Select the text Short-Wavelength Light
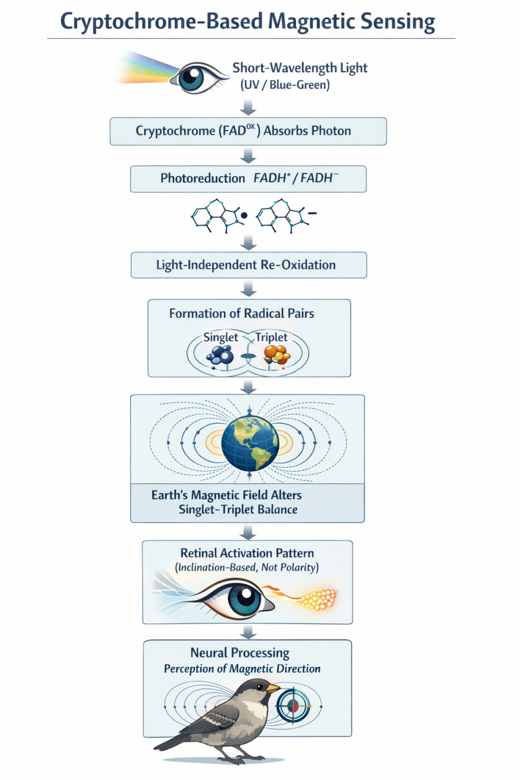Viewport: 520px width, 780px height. tap(300, 68)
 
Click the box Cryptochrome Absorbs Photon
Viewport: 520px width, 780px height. tap(248, 131)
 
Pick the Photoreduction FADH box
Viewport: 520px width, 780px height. tap(248, 179)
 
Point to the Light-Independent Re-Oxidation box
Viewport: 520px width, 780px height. tap(248, 265)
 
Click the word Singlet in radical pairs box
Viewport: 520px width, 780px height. tap(221, 337)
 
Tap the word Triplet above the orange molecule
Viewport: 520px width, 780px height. tap(272, 337)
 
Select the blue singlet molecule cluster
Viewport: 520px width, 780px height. tap(221, 355)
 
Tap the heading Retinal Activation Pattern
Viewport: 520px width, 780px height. tap(247, 553)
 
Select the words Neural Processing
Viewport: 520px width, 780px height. tap(239, 653)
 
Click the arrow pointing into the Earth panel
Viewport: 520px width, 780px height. tap(248, 388)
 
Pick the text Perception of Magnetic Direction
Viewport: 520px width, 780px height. tap(242, 669)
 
